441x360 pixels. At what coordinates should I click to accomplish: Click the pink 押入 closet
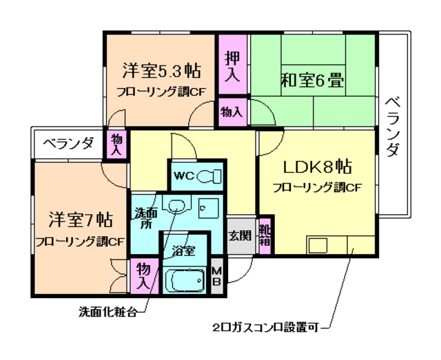pos(233,66)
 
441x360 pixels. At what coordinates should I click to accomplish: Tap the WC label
pos(183,176)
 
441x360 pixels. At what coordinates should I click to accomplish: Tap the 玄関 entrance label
pos(240,235)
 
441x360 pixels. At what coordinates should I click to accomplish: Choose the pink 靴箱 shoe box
pos(265,235)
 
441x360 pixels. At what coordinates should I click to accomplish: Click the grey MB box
pos(216,275)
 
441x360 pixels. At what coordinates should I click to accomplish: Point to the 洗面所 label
pos(144,218)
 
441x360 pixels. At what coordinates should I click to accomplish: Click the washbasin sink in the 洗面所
pos(177,204)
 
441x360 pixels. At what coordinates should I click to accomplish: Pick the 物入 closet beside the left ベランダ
pos(116,144)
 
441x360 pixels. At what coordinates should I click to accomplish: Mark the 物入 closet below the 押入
pos(232,111)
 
